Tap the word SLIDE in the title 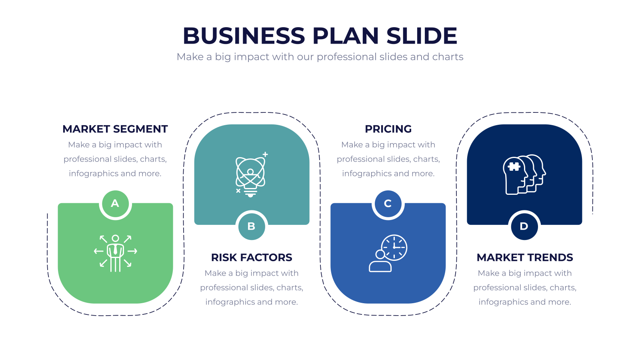(422, 36)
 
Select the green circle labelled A (115, 204)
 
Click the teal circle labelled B (252, 226)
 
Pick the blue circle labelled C (388, 204)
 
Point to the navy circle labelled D (524, 226)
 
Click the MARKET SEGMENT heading (115, 129)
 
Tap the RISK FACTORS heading (252, 258)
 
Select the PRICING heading (388, 129)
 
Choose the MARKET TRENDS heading (524, 258)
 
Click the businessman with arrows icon (116, 254)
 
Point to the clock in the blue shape (394, 248)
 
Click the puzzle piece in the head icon (514, 166)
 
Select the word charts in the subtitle (448, 57)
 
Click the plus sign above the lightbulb (265, 154)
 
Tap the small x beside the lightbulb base (238, 191)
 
